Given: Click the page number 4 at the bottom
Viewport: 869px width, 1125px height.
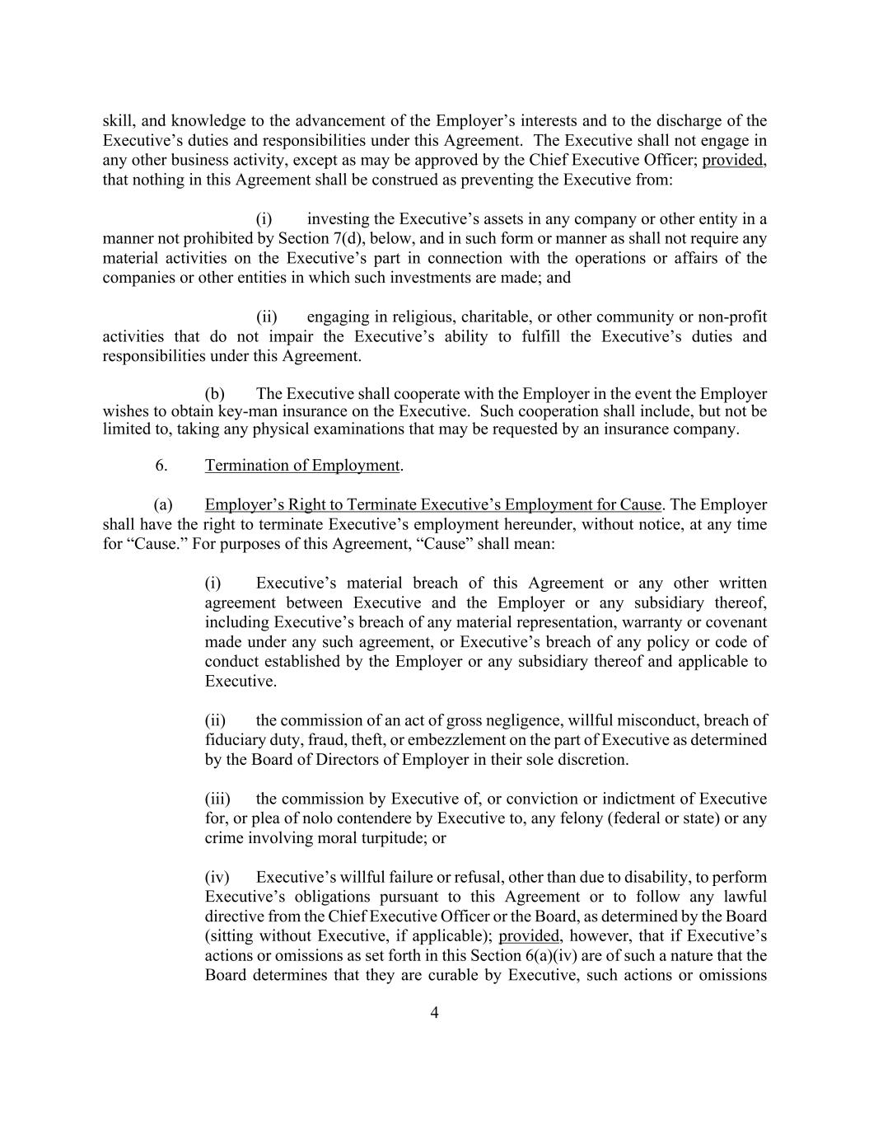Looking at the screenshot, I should [x=434, y=1013].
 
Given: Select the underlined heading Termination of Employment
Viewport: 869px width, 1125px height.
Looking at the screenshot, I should [x=302, y=466].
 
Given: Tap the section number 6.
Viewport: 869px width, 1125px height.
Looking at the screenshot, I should [x=161, y=466].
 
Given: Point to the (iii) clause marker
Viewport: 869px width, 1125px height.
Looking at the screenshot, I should [x=217, y=799].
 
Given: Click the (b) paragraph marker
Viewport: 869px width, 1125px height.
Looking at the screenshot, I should [x=214, y=394].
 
